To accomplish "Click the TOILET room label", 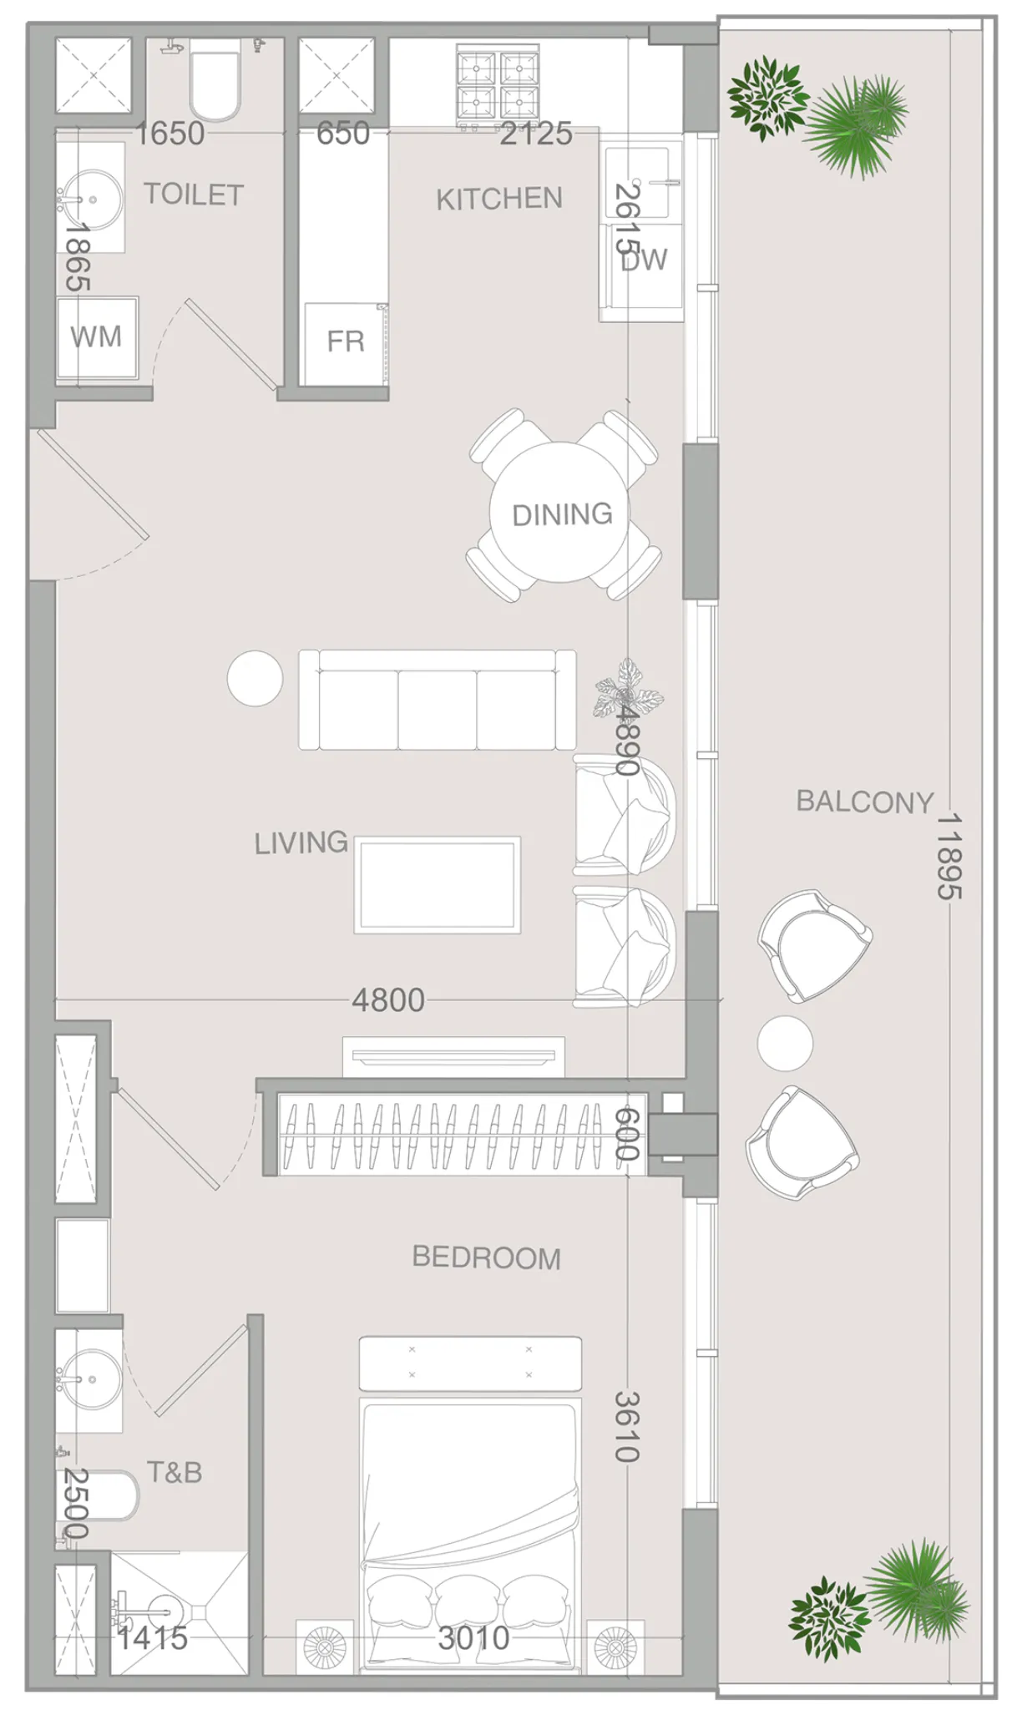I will pos(194,195).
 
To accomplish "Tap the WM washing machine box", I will pos(96,337).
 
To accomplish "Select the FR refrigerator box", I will pos(345,342).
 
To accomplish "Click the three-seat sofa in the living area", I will pos(437,700).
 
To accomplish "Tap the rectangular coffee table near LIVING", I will pos(437,884).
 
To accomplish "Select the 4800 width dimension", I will pos(387,999).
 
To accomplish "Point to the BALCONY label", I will pos(864,802).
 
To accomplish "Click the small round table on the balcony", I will pos(784,1043).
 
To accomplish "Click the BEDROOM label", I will pos(486,1257).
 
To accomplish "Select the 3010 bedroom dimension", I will pos(473,1637).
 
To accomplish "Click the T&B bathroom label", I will pos(175,1471).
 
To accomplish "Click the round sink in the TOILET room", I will pos(92,200).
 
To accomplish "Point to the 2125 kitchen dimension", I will pos(535,134).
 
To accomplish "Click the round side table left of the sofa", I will pos(255,678).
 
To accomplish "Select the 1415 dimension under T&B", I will pos(152,1637).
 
